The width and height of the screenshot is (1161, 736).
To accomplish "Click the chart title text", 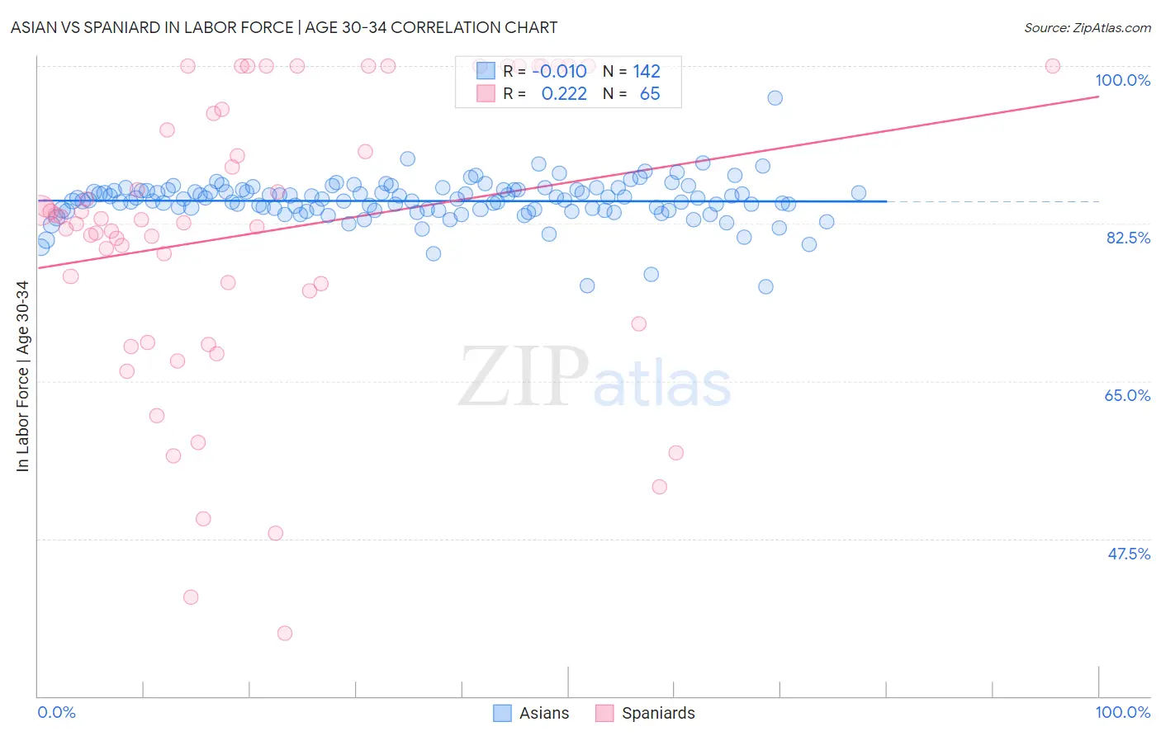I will click(284, 27).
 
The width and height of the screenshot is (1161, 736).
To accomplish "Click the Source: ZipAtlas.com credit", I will click(1087, 27).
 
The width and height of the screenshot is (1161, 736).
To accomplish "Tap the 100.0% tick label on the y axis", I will click(1122, 80).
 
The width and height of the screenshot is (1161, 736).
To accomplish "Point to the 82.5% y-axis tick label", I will click(1128, 238).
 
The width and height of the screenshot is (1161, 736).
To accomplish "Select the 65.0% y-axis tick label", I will click(1127, 395).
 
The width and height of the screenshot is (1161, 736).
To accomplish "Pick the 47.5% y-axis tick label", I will click(1128, 554).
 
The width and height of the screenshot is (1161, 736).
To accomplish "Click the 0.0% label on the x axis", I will click(56, 712).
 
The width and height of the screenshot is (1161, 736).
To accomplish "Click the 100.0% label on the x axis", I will click(1122, 712).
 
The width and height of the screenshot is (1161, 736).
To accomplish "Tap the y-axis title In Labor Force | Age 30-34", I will click(22, 376).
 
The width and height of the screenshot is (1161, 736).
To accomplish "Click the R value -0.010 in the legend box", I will click(559, 71).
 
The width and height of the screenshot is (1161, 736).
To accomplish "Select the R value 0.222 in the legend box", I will click(563, 94).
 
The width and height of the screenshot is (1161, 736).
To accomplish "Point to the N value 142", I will click(647, 71).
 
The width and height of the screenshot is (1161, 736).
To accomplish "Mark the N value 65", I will click(650, 94).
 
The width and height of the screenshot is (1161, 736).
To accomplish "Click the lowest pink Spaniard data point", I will click(285, 633).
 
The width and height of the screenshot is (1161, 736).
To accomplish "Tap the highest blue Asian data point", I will click(775, 97).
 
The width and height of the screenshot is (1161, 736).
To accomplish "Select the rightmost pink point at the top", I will click(1052, 66).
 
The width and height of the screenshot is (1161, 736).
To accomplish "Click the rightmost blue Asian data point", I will click(859, 193).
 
